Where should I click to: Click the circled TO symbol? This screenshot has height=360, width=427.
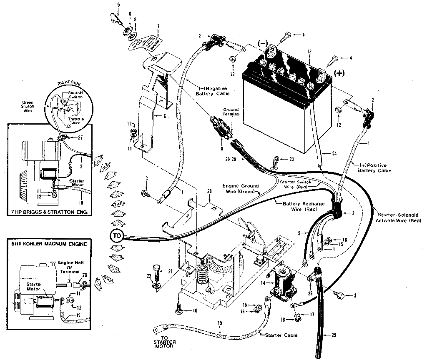[x=116, y=235]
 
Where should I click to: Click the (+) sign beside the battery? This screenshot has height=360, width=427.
[x=339, y=73]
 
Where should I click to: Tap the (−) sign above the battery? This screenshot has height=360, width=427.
[x=262, y=43]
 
